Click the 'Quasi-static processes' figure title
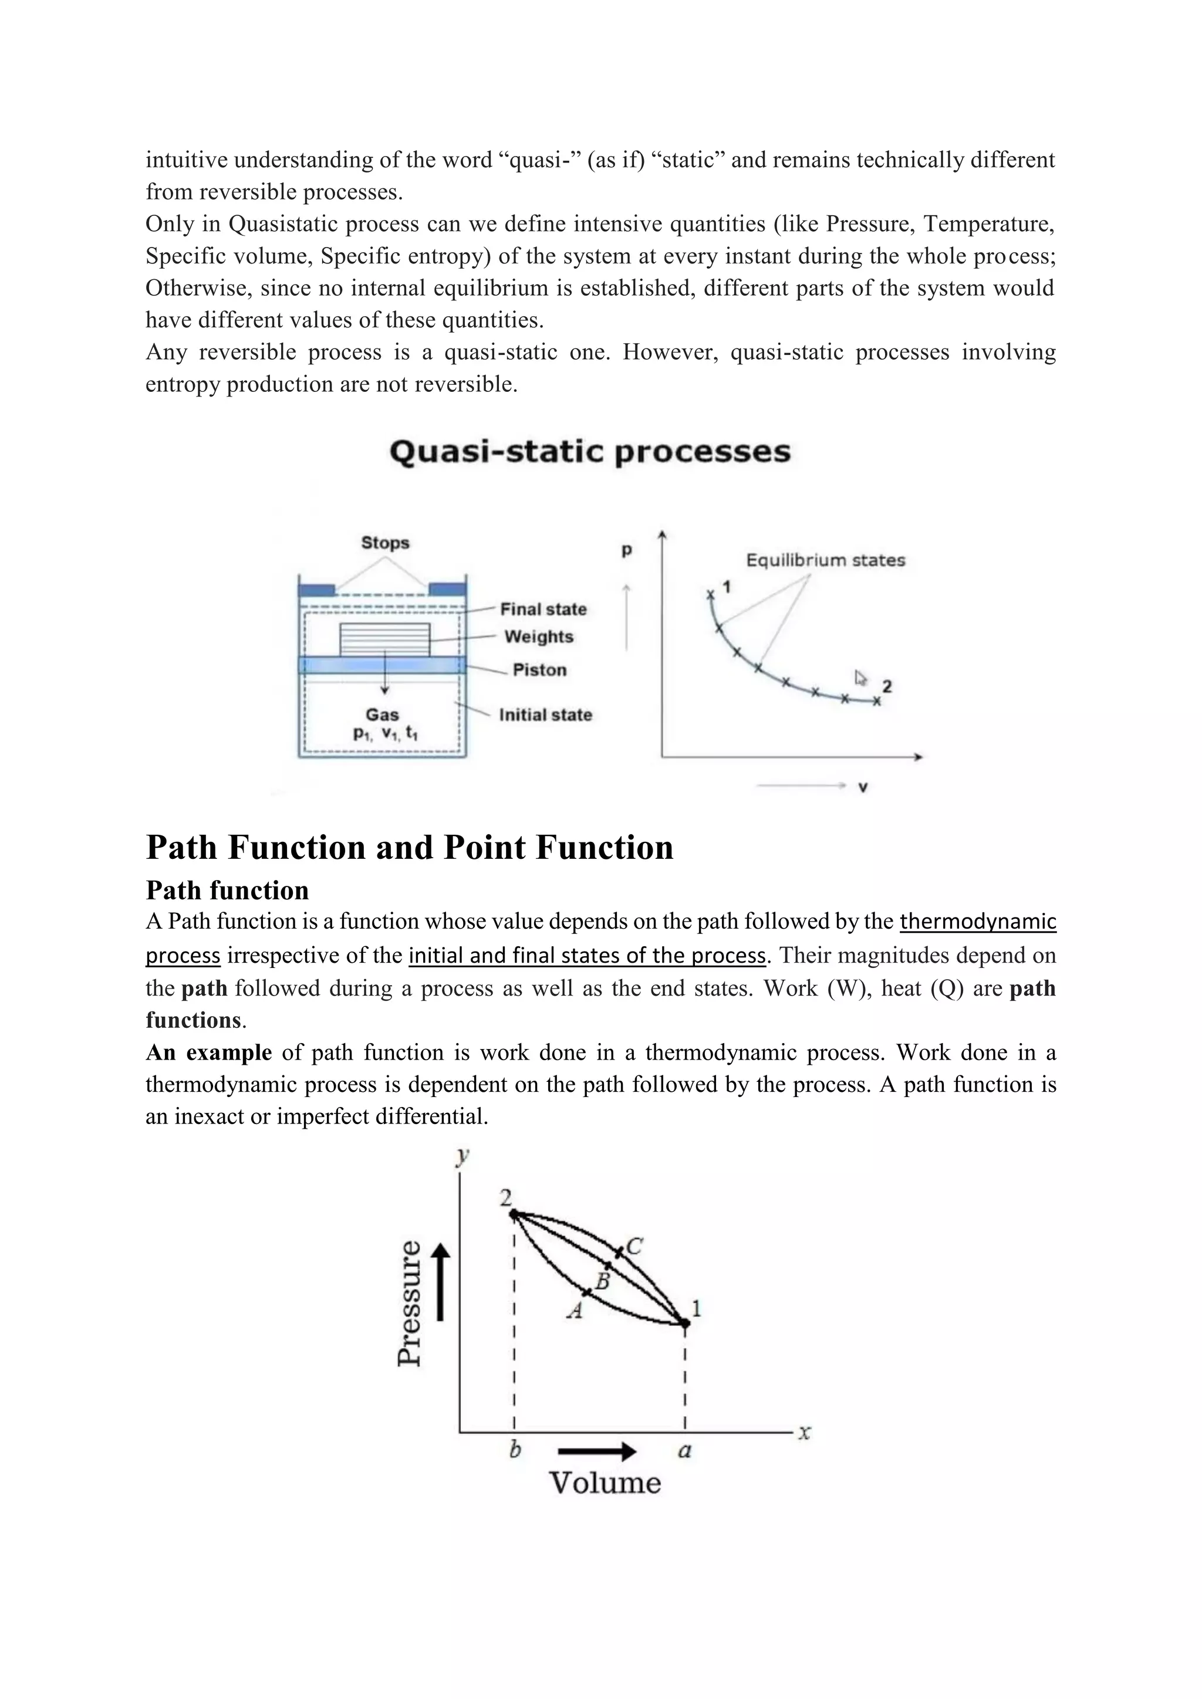[590, 451]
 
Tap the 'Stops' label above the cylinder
[385, 543]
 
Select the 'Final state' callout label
[543, 609]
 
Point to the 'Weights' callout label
[539, 637]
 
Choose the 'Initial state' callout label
[545, 715]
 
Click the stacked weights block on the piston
[384, 639]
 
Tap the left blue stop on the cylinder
[316, 590]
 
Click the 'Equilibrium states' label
[825, 560]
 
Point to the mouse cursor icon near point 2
[860, 678]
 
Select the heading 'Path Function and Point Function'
[409, 847]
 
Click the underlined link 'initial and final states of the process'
[587, 955]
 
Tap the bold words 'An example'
[209, 1052]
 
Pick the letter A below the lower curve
[575, 1311]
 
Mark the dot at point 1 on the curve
[686, 1322]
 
